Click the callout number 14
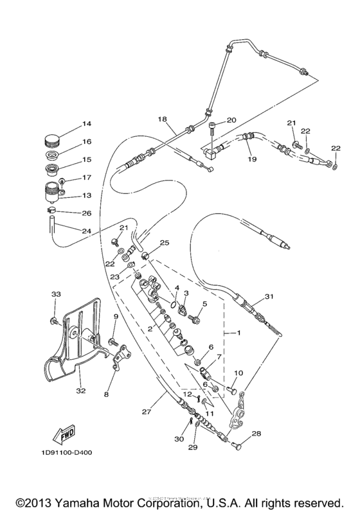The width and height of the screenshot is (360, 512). point(87,123)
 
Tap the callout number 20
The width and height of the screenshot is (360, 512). point(231,119)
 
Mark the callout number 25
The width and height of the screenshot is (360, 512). point(165,242)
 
